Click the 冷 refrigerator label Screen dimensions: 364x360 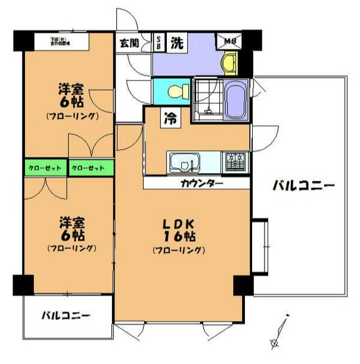(170, 118)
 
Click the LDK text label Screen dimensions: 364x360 (179, 224)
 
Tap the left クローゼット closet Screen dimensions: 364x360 (45, 168)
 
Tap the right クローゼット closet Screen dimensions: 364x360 (90, 168)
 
